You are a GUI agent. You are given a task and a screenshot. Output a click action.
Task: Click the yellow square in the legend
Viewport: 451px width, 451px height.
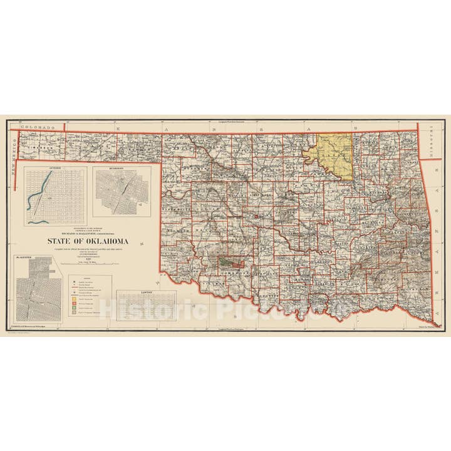coord(74,300)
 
